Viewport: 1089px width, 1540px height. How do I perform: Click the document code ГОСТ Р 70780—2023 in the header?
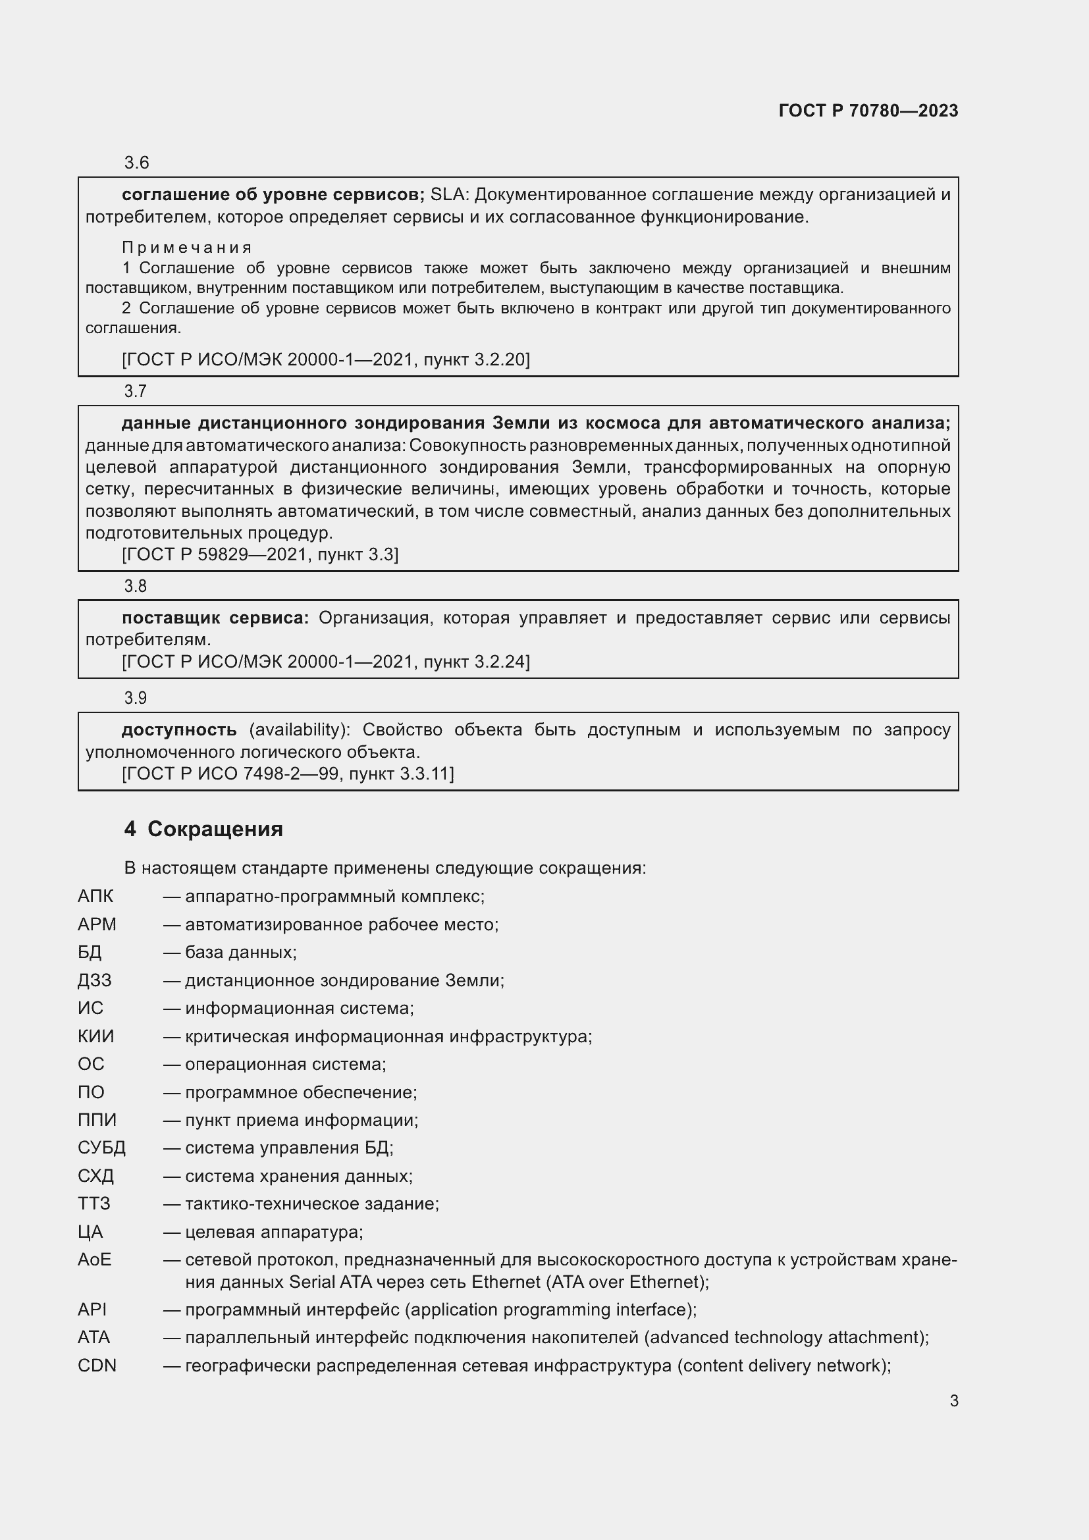coord(868,111)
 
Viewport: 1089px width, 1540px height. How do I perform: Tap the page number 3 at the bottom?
coord(953,1400)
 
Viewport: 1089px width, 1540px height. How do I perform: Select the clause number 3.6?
coord(136,163)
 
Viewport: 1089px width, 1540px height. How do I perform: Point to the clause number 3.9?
coord(136,698)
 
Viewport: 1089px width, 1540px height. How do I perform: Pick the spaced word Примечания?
coord(186,248)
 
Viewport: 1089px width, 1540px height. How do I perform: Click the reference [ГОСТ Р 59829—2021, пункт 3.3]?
coord(260,554)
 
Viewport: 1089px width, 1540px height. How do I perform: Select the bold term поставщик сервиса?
coord(215,618)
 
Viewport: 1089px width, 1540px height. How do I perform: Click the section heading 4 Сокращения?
coord(203,829)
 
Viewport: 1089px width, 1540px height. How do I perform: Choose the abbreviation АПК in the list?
coord(95,896)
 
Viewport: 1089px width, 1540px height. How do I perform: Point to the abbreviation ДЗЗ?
coord(95,980)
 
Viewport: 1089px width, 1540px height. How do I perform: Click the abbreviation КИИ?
coord(96,1036)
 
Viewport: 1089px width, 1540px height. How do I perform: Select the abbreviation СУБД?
coord(101,1148)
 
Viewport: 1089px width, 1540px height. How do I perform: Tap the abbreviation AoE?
coord(95,1260)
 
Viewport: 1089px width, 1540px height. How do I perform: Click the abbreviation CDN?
coord(97,1366)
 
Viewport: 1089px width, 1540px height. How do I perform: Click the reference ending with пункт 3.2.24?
coord(326,662)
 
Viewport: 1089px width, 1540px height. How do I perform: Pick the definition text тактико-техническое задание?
coord(312,1204)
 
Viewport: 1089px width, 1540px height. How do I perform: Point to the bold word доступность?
coord(179,730)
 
